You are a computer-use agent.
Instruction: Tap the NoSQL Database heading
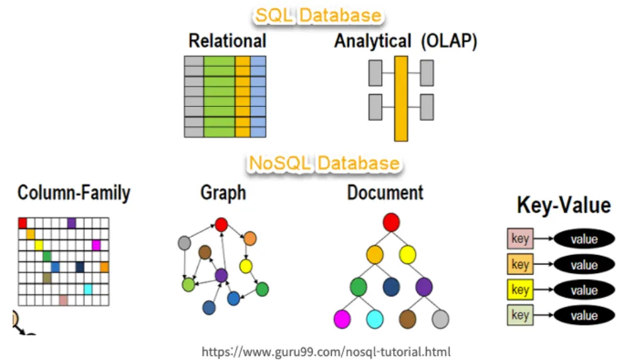[324, 163]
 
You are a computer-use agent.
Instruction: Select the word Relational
[227, 41]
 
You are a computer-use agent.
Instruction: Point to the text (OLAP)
[449, 41]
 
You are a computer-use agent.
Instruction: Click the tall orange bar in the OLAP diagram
[400, 98]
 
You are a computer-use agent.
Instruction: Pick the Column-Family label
[74, 193]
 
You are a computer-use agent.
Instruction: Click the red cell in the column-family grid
[22, 223]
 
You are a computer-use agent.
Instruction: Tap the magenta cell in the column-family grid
[96, 245]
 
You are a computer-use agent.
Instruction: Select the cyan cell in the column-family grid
[88, 289]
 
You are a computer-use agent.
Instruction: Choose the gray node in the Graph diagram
[185, 243]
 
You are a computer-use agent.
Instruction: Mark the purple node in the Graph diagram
[222, 274]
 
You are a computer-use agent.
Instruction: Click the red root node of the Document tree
[391, 222]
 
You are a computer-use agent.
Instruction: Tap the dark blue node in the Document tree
[391, 287]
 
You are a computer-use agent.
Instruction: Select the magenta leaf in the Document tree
[342, 319]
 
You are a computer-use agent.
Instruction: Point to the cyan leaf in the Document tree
[374, 319]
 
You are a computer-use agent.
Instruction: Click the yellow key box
[520, 290]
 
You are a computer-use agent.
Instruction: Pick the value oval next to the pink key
[584, 239]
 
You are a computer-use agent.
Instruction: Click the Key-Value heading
[564, 206]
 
